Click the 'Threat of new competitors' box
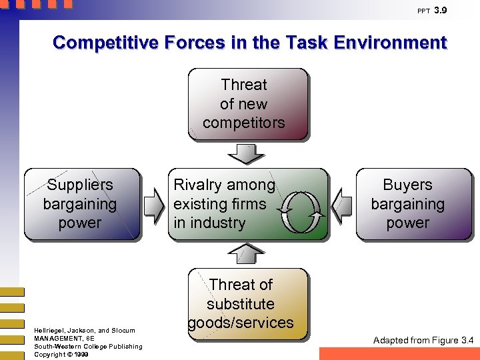[x=248, y=104]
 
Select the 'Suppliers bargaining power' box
[x=82, y=204]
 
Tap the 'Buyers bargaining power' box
[x=413, y=204]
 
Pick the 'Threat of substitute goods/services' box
[x=248, y=304]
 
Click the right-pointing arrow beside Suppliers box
[x=153, y=203]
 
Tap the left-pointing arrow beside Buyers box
[x=342, y=203]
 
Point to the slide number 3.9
[x=441, y=11]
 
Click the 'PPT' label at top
[x=423, y=11]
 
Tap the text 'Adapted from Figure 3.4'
[x=423, y=341]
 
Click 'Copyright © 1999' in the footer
[x=61, y=354]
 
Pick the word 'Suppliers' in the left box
[x=80, y=185]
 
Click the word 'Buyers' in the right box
[x=407, y=185]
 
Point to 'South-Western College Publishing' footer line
[x=88, y=346]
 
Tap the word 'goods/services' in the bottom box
[x=241, y=323]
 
